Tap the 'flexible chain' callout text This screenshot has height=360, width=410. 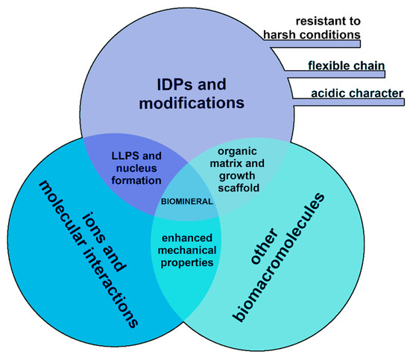[x=346, y=66]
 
